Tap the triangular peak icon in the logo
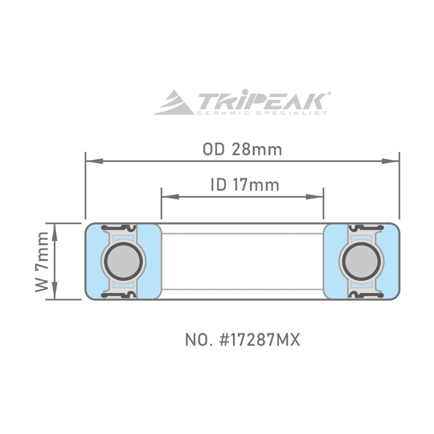coord(174,103)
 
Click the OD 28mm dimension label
coord(242,150)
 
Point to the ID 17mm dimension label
coord(245,185)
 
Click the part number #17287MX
coord(242,340)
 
